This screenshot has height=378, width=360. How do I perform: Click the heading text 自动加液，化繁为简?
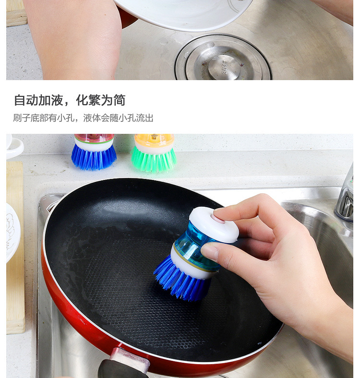(x=70, y=100)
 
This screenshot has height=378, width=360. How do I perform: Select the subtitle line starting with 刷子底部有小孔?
(x=84, y=118)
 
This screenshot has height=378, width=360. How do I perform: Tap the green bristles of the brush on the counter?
(x=154, y=160)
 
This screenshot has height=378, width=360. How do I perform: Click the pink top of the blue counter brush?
(x=94, y=138)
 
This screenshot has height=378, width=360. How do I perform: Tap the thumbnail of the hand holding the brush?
(x=210, y=251)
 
